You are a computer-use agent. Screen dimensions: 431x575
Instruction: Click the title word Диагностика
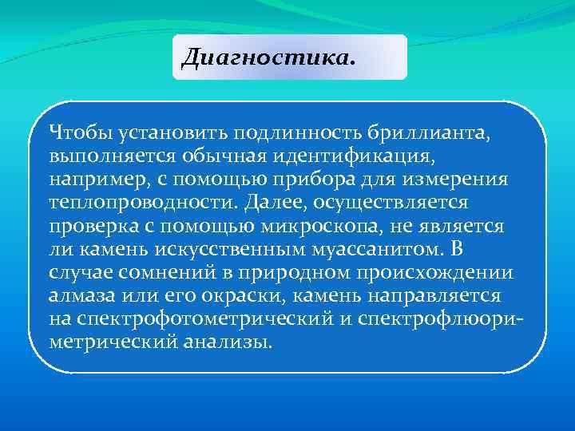(267, 57)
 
